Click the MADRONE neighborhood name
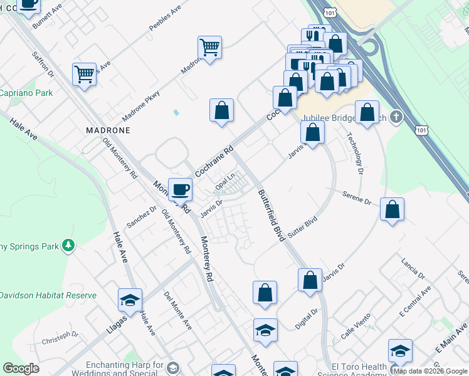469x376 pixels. click(x=108, y=130)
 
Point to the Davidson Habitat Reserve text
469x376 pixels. click(x=48, y=295)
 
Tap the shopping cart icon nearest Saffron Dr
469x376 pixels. click(x=84, y=75)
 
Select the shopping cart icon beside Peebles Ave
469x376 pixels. click(x=209, y=46)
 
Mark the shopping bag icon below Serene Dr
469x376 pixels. click(x=392, y=209)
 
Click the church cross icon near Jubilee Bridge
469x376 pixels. click(x=396, y=117)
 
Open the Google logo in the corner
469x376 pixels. click(x=21, y=368)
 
